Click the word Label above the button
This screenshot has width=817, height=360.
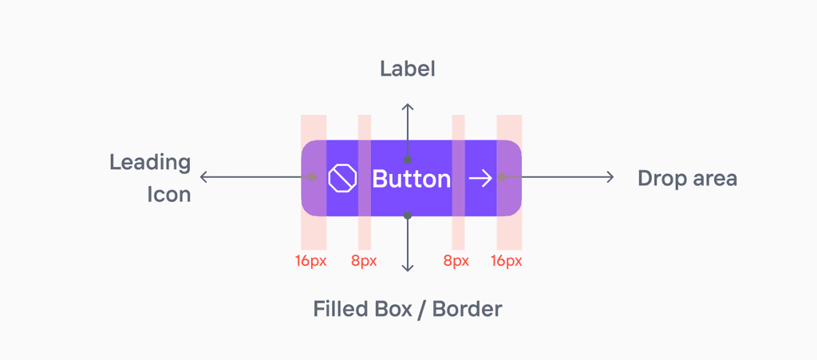coord(408,69)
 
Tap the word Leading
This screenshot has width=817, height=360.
coord(150,163)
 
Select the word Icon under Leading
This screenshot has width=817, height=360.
coord(168,194)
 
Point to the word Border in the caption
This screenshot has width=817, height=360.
coord(467,309)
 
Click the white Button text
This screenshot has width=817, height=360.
coord(411,179)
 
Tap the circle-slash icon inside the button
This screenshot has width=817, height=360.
coord(341,178)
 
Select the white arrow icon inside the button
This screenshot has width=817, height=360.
coord(480,178)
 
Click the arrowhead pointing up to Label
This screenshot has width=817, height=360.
coord(408,107)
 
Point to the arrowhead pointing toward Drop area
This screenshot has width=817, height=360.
coord(610,177)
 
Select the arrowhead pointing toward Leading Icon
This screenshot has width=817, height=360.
coord(204,177)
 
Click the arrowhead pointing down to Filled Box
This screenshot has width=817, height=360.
coord(408,267)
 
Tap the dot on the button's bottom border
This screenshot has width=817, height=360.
coord(408,215)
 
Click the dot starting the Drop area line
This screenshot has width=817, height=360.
coord(501,177)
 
